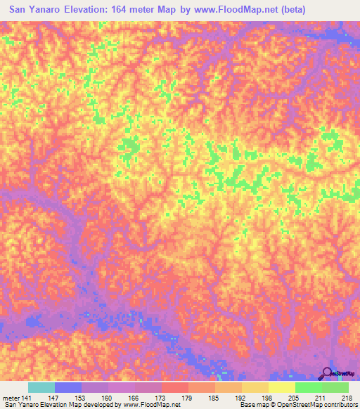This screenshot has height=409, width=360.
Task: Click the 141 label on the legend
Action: (27, 398)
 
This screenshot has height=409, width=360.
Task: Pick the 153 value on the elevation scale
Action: (95, 398)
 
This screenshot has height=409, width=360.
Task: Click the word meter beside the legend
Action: (11, 398)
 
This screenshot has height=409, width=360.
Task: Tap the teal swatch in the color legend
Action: (41, 387)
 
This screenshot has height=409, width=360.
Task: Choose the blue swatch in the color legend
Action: (68, 387)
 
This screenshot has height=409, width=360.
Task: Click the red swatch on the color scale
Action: (174, 387)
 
